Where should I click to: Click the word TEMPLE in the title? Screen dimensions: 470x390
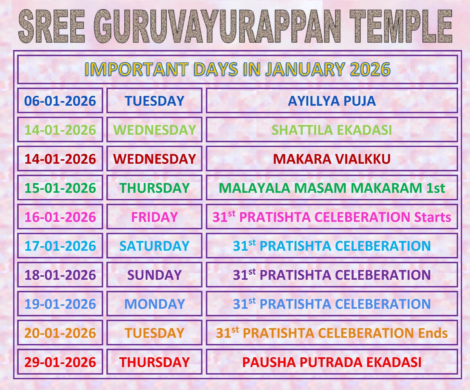pyautogui.click(x=401, y=26)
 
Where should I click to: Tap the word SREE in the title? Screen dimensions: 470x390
pyautogui.click(x=52, y=26)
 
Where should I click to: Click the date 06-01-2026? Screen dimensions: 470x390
pyautogui.click(x=60, y=101)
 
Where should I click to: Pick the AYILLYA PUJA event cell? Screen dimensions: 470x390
pyautogui.click(x=332, y=101)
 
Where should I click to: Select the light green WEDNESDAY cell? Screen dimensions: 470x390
pyautogui.click(x=154, y=130)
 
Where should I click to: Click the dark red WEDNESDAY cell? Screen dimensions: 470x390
pyautogui.click(x=154, y=159)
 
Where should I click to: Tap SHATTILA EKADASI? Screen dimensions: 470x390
pyautogui.click(x=332, y=130)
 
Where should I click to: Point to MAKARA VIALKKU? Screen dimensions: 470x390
pyautogui.click(x=332, y=159)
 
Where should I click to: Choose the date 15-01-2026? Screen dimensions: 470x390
pyautogui.click(x=60, y=188)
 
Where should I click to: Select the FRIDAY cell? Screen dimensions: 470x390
pyautogui.click(x=154, y=217)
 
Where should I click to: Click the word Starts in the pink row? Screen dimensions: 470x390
pyautogui.click(x=433, y=217)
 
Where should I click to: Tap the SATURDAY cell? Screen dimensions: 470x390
pyautogui.click(x=154, y=246)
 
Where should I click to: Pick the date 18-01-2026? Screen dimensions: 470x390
pyautogui.click(x=60, y=275)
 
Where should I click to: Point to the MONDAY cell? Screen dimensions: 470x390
pyautogui.click(x=154, y=304)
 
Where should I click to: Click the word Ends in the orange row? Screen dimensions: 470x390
pyautogui.click(x=433, y=333)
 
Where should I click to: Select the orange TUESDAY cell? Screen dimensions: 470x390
pyautogui.click(x=154, y=333)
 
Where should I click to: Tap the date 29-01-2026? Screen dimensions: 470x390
pyautogui.click(x=60, y=362)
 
